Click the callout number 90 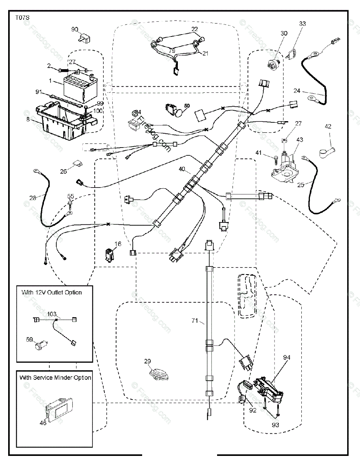pyautogui.click(x=75, y=29)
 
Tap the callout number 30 pyautogui.click(x=284, y=33)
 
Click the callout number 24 pyautogui.click(x=297, y=91)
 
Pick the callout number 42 pyautogui.click(x=328, y=126)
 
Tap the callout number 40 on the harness pyautogui.click(x=182, y=169)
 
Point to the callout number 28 pyautogui.click(x=33, y=198)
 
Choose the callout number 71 pyautogui.click(x=195, y=321)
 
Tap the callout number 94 pyautogui.click(x=287, y=357)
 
